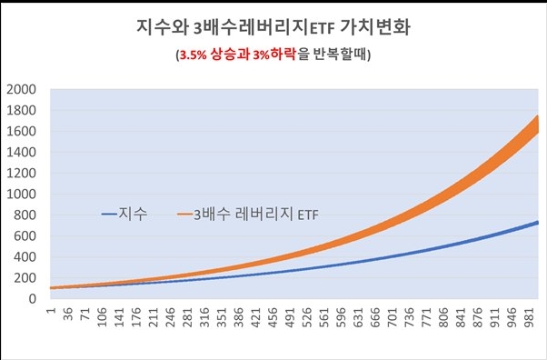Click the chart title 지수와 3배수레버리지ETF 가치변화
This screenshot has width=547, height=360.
[272, 26]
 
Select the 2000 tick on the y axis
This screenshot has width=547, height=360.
[21, 90]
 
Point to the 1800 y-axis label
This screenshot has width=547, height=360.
[21, 111]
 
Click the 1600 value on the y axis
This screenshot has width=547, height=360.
[21, 132]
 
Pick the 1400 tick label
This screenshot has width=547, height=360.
[21, 153]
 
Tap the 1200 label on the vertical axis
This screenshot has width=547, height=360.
[21, 174]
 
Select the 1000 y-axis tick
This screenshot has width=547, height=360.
[21, 195]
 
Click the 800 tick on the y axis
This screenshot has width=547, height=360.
[25, 215]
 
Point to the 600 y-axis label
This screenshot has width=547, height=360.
[25, 236]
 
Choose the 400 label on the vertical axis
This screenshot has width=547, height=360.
[25, 257]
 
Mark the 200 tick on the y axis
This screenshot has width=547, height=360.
[25, 278]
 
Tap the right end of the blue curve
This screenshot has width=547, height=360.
[538, 222]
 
